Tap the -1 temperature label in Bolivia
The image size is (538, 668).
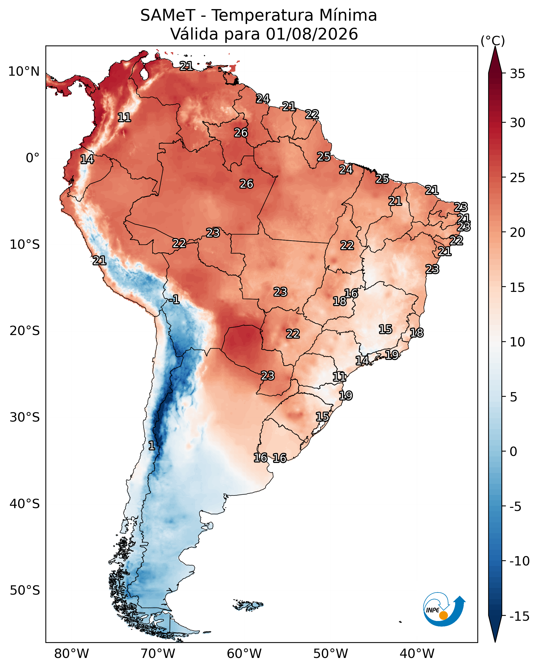point(174,299)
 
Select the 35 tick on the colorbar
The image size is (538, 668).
point(518,74)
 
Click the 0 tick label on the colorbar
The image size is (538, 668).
point(513,452)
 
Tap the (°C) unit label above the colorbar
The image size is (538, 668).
point(493,41)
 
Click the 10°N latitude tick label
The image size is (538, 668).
point(24,72)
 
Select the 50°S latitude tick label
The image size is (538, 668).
point(25,591)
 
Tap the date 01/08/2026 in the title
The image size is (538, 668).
point(312,34)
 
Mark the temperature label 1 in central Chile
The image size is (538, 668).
point(151,446)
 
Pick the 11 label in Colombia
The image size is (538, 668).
point(124,117)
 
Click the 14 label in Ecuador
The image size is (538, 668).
point(87,159)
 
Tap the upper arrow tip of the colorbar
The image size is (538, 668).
point(495,46)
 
